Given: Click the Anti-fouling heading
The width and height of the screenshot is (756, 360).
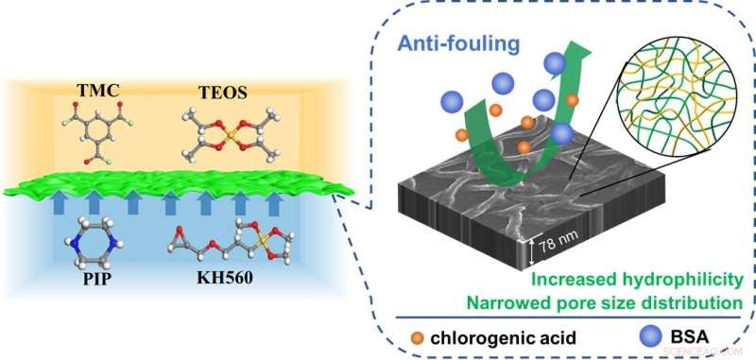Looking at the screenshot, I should (460, 43).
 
